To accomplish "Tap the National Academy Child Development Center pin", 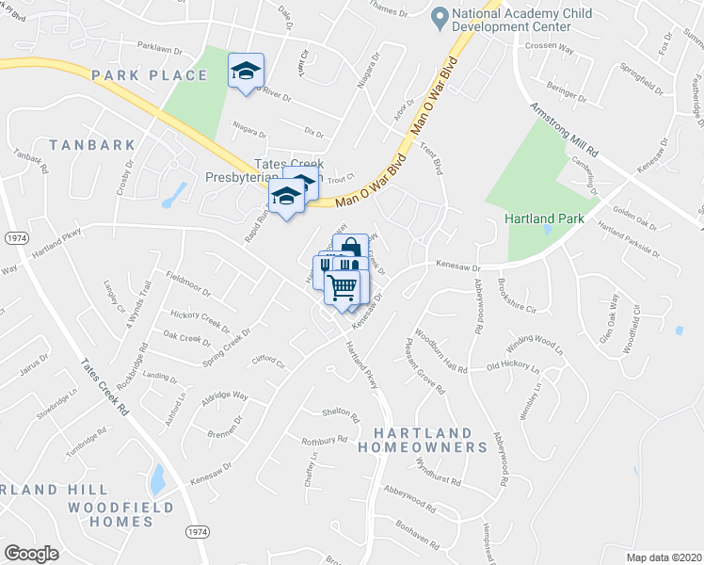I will [439, 17].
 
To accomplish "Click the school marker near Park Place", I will [247, 72].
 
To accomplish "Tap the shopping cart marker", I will [343, 286].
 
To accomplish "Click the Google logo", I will [31, 553].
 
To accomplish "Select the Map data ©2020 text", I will [663, 557].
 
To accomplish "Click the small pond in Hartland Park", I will [548, 226].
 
